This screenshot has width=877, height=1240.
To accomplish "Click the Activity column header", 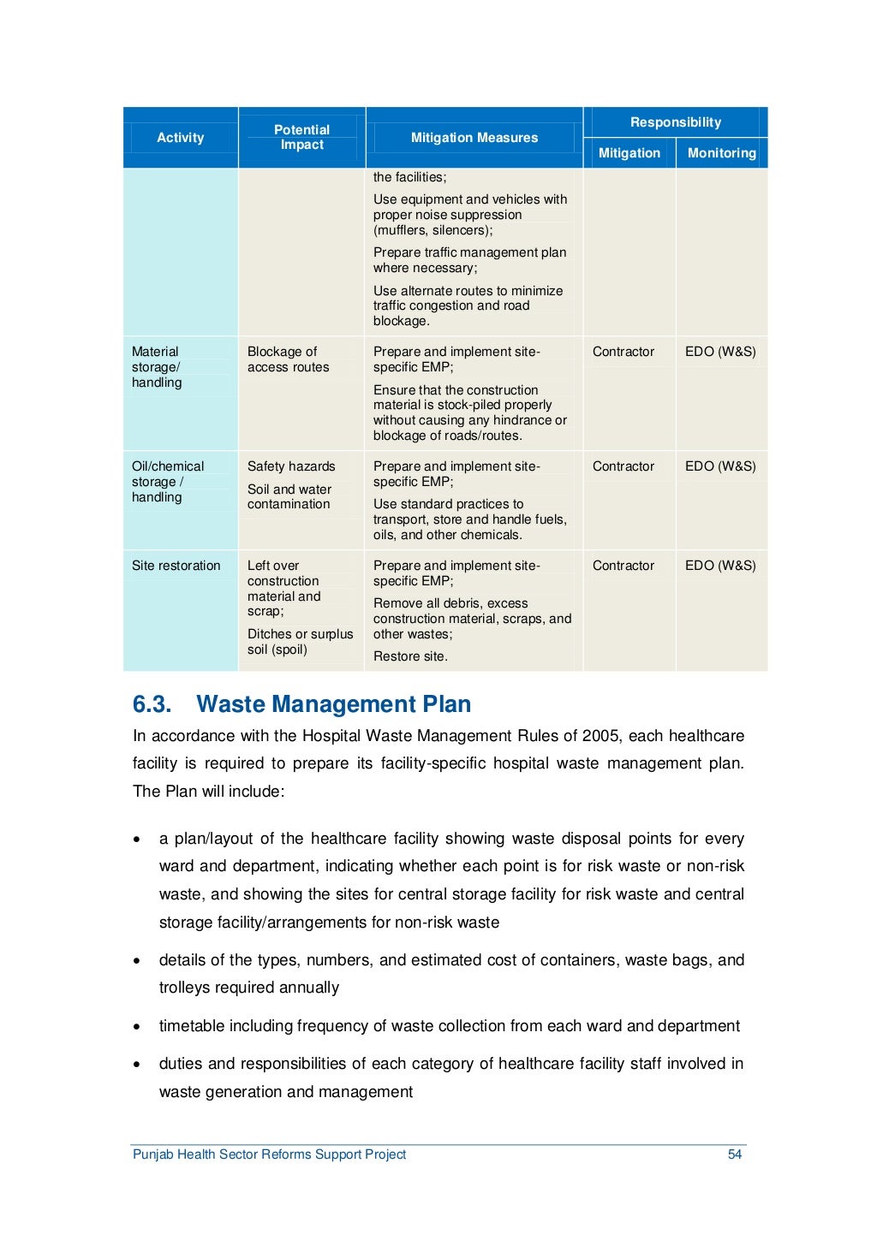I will coord(180,138).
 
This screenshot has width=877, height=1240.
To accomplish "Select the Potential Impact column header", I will coord(301,137).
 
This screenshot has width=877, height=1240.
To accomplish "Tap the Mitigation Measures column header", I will coord(474,138).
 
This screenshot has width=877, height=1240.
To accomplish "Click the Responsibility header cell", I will coord(675,122).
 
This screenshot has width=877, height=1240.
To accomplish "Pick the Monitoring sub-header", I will coord(721,153).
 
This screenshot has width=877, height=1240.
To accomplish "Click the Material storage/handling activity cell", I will coord(157,367).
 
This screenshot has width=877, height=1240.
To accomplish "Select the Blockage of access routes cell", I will coord(288,359).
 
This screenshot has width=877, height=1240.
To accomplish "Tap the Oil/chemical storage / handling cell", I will coord(168,482).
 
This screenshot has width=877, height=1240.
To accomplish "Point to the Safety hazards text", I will coord(291,466).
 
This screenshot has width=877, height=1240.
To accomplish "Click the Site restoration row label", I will coord(176,566).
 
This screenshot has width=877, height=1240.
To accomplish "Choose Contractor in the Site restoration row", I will coord(623,566).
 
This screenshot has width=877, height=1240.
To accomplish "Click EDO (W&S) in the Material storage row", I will coord(720,352).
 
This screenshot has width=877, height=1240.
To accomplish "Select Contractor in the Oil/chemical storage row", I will coord(623,466).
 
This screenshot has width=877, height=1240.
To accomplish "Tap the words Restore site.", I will coord(410,656).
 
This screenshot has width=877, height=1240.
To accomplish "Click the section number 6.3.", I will coord(152,704).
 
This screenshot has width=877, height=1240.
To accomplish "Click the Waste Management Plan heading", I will coord(333,704).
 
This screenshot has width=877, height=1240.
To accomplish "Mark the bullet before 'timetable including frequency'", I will coord(137,1027).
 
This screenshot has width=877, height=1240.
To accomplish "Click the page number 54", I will coord(734,1154).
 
